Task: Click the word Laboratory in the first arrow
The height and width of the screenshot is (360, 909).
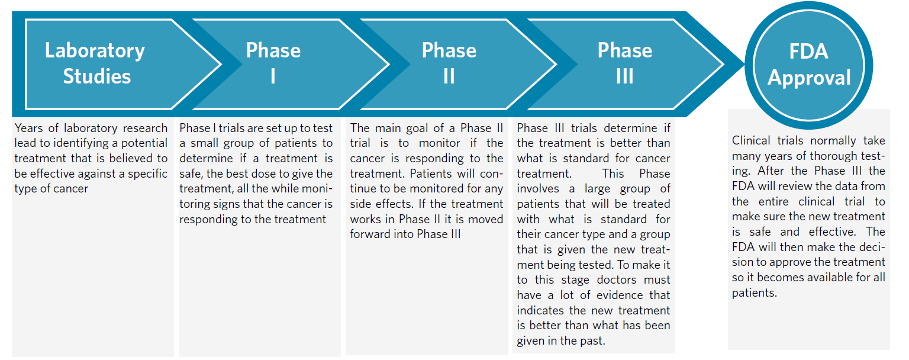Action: pyautogui.click(x=95, y=50)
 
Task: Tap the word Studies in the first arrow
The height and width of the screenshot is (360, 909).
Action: pyautogui.click(x=97, y=76)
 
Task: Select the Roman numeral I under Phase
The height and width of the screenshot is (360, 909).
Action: pyautogui.click(x=273, y=76)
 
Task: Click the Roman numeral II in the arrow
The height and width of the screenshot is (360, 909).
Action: pyautogui.click(x=449, y=76)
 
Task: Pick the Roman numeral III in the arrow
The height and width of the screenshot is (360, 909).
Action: pyautogui.click(x=624, y=76)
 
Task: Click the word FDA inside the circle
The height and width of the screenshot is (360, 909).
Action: pyautogui.click(x=808, y=52)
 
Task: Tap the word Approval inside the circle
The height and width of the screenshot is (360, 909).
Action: pyautogui.click(x=809, y=78)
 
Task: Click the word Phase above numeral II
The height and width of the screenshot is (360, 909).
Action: pyautogui.click(x=449, y=50)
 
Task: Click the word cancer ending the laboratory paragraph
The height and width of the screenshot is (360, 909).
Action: pyautogui.click(x=72, y=189)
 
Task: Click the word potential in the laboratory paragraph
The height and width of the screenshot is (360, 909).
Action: pyautogui.click(x=141, y=143)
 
